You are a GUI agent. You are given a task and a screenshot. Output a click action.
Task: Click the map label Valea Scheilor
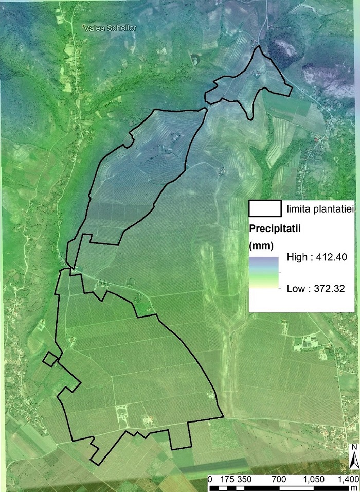(x=112, y=28)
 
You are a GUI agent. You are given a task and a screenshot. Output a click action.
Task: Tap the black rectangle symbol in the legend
(x=264, y=208)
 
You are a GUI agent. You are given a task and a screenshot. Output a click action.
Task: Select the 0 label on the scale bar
(x=210, y=479)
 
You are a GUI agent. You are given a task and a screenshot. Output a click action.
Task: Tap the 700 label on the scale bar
(x=279, y=479)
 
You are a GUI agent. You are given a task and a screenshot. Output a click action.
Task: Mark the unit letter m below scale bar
(x=354, y=487)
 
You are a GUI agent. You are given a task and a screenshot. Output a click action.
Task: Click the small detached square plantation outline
(x=50, y=359)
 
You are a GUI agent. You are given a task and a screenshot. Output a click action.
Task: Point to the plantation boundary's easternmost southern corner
(x=223, y=416)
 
